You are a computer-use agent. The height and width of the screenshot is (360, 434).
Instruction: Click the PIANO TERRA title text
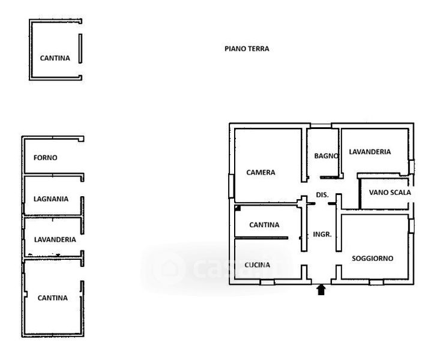point(247,49)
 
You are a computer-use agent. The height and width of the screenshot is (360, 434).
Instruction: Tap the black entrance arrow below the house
point(321,290)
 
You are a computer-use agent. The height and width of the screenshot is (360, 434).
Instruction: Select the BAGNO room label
point(327,156)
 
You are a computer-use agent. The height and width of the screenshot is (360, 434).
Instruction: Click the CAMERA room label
point(261,172)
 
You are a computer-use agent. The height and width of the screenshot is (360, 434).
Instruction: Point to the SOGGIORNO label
point(373,259)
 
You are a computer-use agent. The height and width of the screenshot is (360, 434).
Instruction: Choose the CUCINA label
point(258,265)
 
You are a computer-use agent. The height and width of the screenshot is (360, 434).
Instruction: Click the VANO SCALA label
point(390,193)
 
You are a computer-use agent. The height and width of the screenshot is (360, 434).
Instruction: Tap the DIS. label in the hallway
point(322,195)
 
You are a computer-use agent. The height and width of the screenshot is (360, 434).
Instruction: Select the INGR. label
point(322,235)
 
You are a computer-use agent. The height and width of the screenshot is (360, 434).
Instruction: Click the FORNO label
point(46,158)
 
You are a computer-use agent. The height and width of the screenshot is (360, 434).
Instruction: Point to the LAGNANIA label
point(51,199)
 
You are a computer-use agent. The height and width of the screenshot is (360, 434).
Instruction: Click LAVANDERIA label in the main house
point(370,152)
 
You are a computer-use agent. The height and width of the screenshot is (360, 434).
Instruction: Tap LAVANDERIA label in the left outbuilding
point(55,239)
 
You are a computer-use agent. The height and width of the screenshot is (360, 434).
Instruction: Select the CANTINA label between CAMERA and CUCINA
point(264,224)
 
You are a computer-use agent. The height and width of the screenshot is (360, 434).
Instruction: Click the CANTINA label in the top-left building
point(55,58)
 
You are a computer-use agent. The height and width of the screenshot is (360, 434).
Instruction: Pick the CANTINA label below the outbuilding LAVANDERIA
point(53,298)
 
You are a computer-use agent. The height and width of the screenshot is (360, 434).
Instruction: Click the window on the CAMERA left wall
point(231,186)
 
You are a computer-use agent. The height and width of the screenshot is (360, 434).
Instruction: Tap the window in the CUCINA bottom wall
point(267,282)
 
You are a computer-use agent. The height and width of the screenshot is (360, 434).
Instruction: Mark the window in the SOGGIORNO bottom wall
point(376,282)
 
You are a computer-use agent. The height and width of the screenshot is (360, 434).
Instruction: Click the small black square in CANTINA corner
point(238,208)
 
